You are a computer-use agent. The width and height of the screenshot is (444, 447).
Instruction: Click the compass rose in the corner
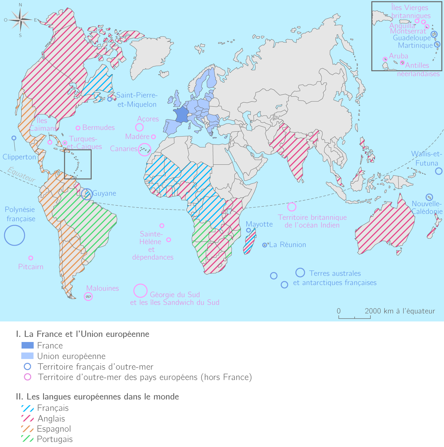tap(20, 20)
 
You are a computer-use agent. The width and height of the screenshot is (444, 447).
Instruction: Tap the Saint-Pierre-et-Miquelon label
tap(137, 100)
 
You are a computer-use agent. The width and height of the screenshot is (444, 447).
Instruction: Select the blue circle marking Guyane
tap(86, 194)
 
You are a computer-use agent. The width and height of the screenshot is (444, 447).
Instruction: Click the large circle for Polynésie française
tap(14, 235)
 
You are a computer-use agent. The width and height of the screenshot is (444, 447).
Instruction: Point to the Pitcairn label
tap(31, 267)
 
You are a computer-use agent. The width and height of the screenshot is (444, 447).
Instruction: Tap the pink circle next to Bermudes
tap(78, 128)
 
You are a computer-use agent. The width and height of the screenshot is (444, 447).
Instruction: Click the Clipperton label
tap(19, 157)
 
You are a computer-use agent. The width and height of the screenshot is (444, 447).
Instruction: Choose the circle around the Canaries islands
tap(144, 149)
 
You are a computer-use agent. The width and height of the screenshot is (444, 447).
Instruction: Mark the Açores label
tap(148, 119)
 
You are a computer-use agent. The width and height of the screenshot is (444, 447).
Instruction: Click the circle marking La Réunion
tap(265, 245)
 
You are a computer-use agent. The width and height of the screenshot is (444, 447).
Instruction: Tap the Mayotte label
tap(259, 224)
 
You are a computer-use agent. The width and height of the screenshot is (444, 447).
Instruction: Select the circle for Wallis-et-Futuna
tap(439, 171)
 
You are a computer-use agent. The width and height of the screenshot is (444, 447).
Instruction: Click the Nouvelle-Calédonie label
tap(427, 208)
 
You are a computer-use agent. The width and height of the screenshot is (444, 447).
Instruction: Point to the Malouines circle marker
tap(88, 297)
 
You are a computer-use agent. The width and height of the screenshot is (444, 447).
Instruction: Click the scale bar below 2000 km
tap(354, 317)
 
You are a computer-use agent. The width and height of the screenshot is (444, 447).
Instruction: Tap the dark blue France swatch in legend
tap(28, 346)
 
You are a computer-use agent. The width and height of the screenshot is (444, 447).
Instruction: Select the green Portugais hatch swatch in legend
tap(28, 439)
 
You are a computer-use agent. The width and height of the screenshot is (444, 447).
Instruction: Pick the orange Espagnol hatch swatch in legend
tap(28, 428)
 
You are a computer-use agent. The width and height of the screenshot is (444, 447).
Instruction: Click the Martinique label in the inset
tap(415, 46)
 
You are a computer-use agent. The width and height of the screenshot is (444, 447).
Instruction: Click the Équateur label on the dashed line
tap(22, 175)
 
